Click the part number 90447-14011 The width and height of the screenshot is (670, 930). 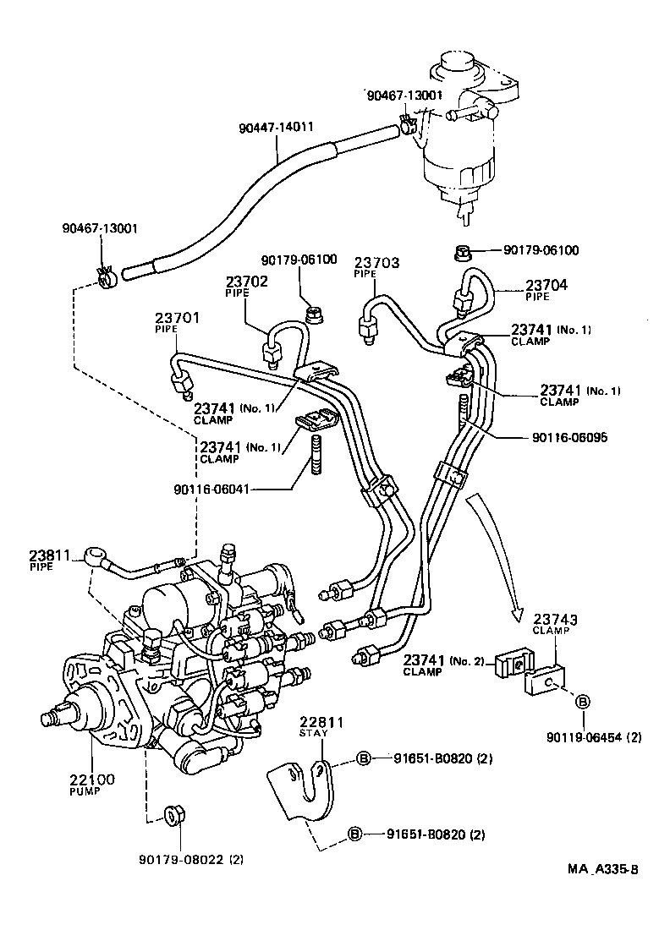coord(276,129)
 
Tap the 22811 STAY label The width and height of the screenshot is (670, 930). coord(322,725)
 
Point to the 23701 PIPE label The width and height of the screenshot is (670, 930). coord(176,322)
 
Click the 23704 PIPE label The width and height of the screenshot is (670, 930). coord(547,290)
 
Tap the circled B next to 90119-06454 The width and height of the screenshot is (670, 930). coord(583,701)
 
